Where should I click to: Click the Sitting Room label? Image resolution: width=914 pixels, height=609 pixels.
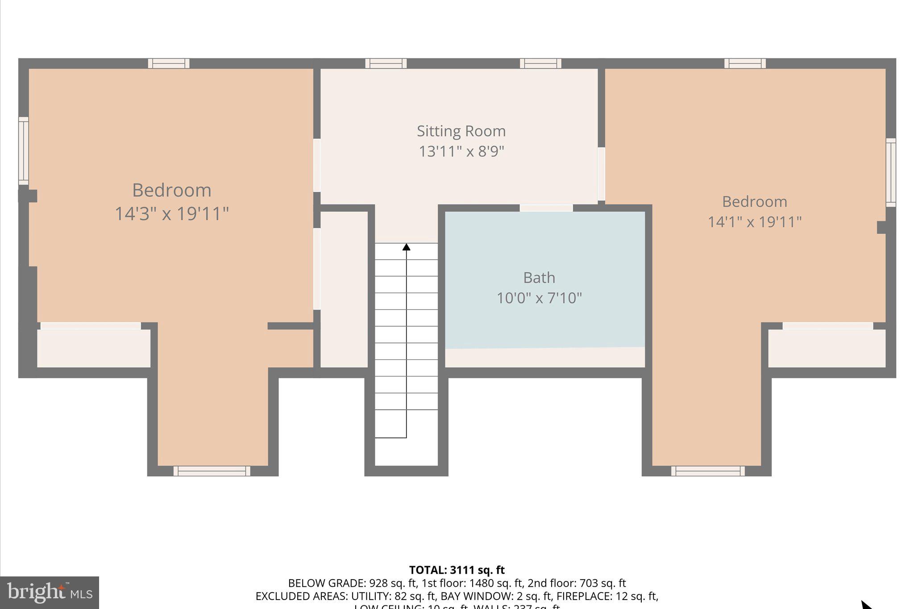point(461,131)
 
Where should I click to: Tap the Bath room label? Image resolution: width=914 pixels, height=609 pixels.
point(539,278)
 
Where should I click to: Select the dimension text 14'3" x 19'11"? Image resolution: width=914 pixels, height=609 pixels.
point(172,214)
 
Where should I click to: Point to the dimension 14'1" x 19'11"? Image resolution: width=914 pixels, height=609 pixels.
point(755,222)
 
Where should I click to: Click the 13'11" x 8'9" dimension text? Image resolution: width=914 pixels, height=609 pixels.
point(461,152)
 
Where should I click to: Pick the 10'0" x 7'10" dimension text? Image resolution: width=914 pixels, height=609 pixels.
point(539,298)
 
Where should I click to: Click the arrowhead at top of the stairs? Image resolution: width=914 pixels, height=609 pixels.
point(406,247)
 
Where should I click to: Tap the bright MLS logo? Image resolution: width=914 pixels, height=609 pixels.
point(50,592)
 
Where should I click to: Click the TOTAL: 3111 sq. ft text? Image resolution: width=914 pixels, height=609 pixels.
point(457,570)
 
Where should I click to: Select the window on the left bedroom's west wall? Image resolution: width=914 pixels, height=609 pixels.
point(23,151)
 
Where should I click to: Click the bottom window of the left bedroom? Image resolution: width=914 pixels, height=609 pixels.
point(212,471)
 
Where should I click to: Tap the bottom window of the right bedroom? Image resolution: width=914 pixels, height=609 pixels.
point(708,471)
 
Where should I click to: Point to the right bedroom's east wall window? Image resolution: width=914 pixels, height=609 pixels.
point(891,172)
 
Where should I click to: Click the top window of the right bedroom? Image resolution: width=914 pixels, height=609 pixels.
point(745,63)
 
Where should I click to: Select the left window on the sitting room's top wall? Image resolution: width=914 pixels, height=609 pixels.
point(386,63)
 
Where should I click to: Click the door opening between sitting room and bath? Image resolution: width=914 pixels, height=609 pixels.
point(546,208)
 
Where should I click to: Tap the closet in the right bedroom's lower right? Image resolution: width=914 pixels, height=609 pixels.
point(827,348)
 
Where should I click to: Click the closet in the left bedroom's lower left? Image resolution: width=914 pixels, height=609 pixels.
point(93,348)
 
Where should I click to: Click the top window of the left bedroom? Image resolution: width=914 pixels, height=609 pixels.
point(169,63)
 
